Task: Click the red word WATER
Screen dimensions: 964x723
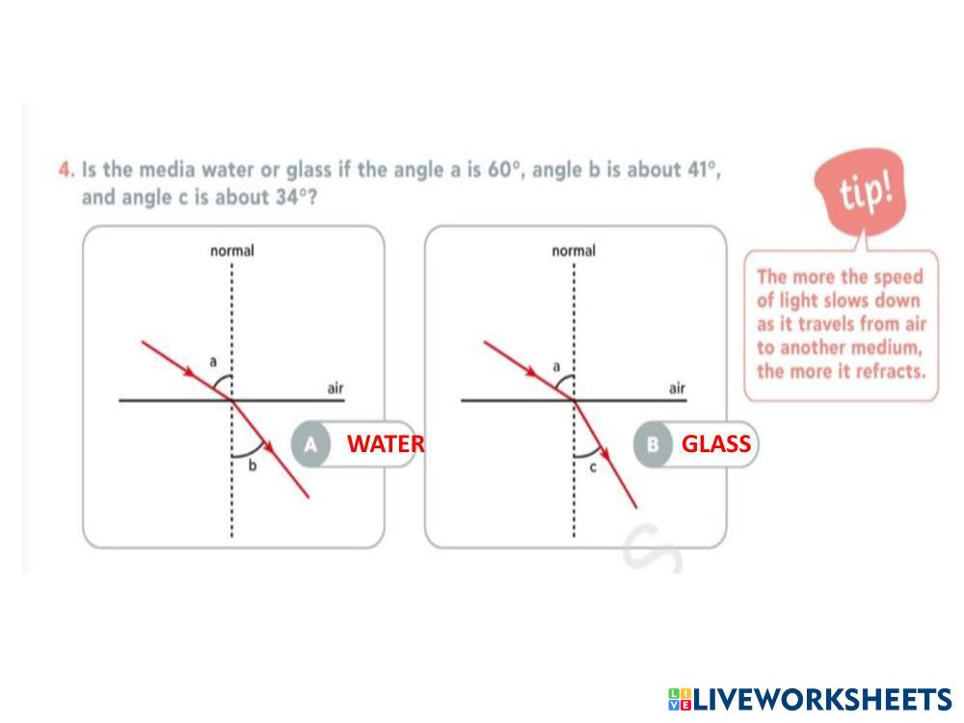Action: [386, 443]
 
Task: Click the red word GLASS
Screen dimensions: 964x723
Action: [716, 443]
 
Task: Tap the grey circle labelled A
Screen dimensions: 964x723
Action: [310, 444]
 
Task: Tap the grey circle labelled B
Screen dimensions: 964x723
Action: [653, 444]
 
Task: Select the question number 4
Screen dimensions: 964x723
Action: [65, 171]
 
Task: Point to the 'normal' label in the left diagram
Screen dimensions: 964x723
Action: [232, 251]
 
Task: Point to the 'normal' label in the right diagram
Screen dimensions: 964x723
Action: [574, 251]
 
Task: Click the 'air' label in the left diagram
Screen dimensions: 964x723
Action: [335, 388]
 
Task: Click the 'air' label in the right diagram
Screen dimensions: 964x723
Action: [677, 388]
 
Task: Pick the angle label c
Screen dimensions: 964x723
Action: [593, 467]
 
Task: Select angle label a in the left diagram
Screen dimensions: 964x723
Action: [213, 361]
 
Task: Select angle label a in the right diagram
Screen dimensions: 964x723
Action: [555, 366]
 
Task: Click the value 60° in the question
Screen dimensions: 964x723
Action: [504, 171]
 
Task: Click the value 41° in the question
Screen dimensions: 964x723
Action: [701, 171]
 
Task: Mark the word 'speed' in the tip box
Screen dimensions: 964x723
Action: [896, 277]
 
